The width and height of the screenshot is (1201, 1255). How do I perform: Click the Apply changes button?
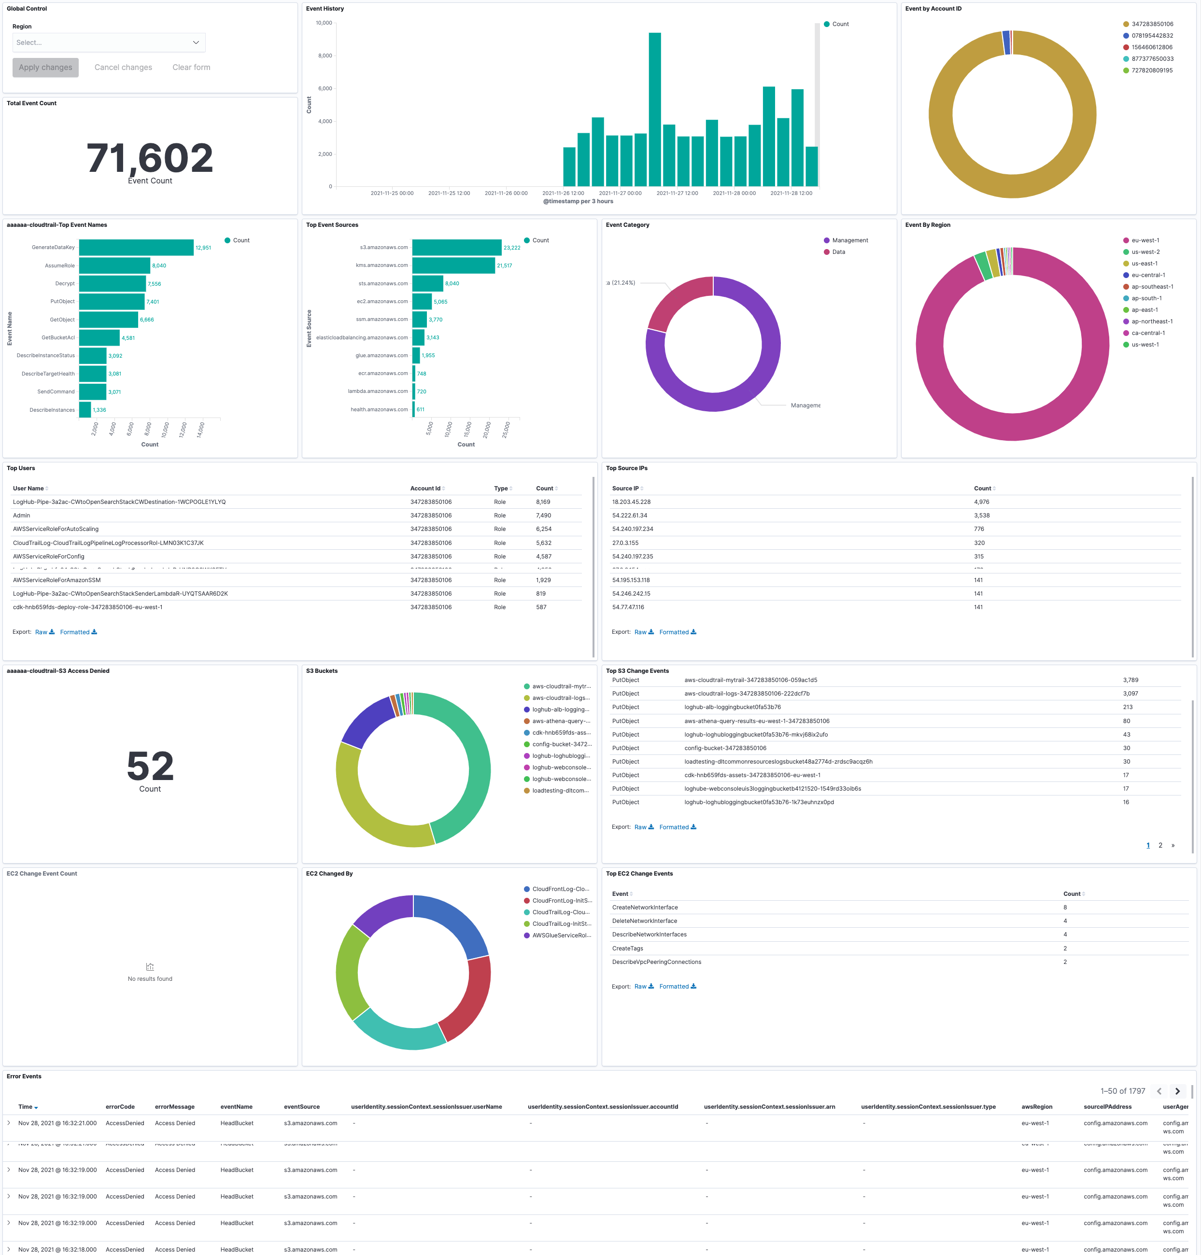point(45,67)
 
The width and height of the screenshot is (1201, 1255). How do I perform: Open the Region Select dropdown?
point(109,42)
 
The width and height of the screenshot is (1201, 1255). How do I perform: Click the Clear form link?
point(191,67)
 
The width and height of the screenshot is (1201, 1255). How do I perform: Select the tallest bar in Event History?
point(654,109)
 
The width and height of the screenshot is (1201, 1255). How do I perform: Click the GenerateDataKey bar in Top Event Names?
point(136,248)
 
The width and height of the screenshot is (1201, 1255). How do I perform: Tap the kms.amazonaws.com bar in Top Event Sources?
point(453,265)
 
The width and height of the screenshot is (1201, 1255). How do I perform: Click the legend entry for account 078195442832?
point(1152,36)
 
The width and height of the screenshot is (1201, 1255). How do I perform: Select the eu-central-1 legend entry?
point(1148,275)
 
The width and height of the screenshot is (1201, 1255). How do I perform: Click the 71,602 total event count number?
point(150,158)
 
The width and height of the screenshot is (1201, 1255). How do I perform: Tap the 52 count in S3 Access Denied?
point(150,766)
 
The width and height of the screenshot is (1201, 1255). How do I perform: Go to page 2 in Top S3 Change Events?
point(1160,845)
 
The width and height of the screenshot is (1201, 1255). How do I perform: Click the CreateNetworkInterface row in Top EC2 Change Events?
point(645,907)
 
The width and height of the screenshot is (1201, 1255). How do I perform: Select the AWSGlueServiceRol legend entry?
point(561,935)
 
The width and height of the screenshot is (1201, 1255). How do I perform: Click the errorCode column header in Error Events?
point(120,1106)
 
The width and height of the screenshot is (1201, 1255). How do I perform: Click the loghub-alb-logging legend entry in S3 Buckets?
point(560,710)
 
